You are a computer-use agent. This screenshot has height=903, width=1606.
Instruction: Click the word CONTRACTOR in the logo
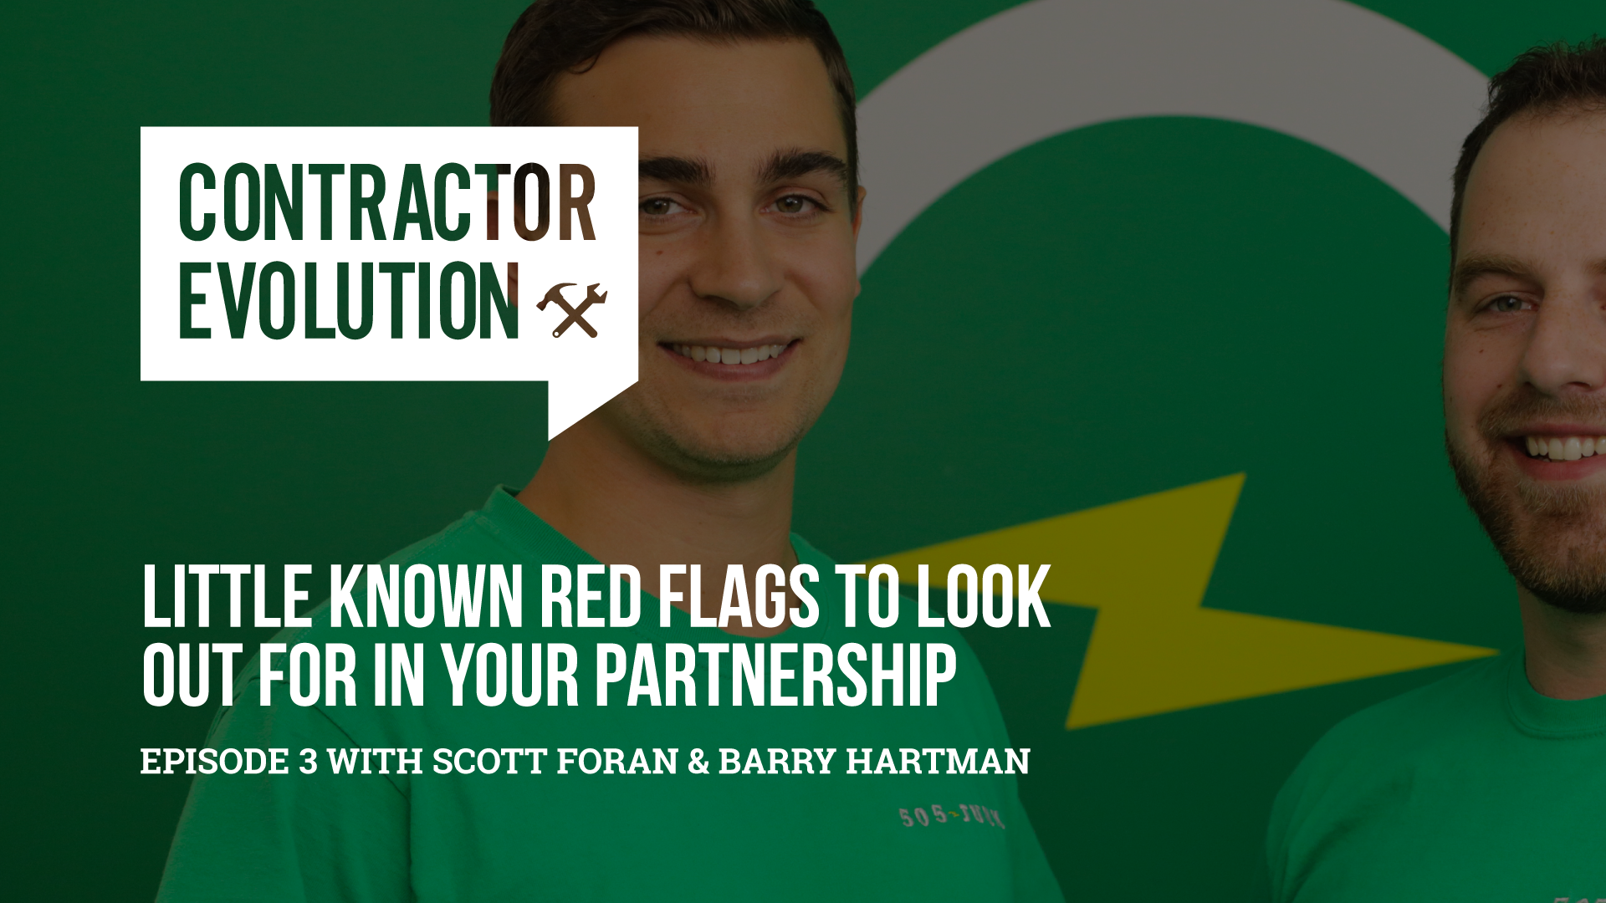pyautogui.click(x=386, y=203)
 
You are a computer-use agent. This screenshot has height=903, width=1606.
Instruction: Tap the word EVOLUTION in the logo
pyautogui.click(x=349, y=302)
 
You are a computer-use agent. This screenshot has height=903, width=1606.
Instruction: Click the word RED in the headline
pyautogui.click(x=591, y=597)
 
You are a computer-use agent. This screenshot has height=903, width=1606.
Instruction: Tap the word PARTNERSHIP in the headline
pyautogui.click(x=775, y=676)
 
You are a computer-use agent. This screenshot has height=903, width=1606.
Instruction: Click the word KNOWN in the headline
pyautogui.click(x=426, y=597)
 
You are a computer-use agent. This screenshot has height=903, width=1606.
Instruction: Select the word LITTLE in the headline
pyautogui.click(x=227, y=597)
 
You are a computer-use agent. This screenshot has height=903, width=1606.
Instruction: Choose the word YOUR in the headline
pyautogui.click(x=510, y=676)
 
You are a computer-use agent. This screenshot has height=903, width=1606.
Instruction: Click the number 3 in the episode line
pyautogui.click(x=308, y=762)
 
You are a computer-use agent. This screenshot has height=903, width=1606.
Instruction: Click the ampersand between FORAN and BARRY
pyautogui.click(x=698, y=762)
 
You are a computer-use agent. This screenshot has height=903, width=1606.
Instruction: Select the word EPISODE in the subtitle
pyautogui.click(x=215, y=762)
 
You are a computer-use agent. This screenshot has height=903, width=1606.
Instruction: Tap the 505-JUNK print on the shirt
pyautogui.click(x=951, y=816)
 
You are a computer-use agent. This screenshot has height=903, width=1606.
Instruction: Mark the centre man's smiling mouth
pyautogui.click(x=728, y=355)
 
